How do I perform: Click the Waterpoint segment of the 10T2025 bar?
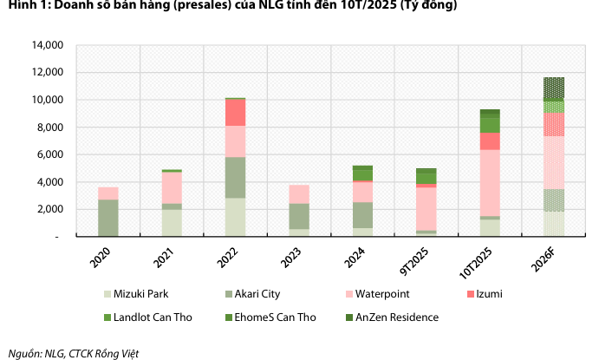point(490,182)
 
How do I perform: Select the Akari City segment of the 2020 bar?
point(108,217)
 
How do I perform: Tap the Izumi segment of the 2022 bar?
point(236,113)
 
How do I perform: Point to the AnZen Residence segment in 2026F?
point(554,88)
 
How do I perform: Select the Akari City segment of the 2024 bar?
point(362,215)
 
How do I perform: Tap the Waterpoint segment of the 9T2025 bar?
point(426,208)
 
